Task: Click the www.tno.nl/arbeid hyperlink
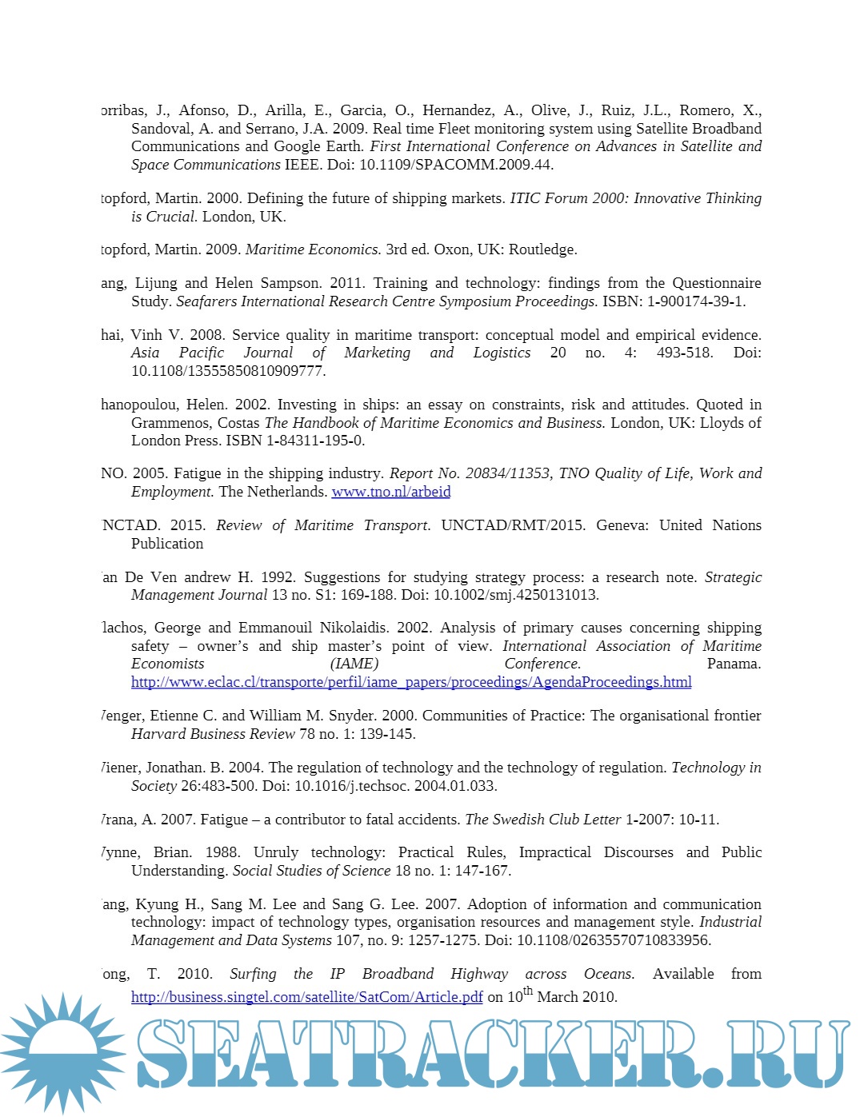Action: [390, 492]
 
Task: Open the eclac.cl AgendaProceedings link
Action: [411, 682]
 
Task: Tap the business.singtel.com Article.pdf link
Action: [307, 997]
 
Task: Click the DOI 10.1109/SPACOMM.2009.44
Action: [456, 165]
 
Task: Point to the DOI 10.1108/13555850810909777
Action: [228, 371]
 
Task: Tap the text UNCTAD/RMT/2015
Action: [513, 525]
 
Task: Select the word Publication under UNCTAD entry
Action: [167, 544]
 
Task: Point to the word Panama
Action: [734, 664]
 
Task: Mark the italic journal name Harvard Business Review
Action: [213, 734]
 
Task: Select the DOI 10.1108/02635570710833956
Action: [614, 940]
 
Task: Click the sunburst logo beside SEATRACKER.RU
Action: [62, 1052]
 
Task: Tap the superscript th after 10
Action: [528, 991]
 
